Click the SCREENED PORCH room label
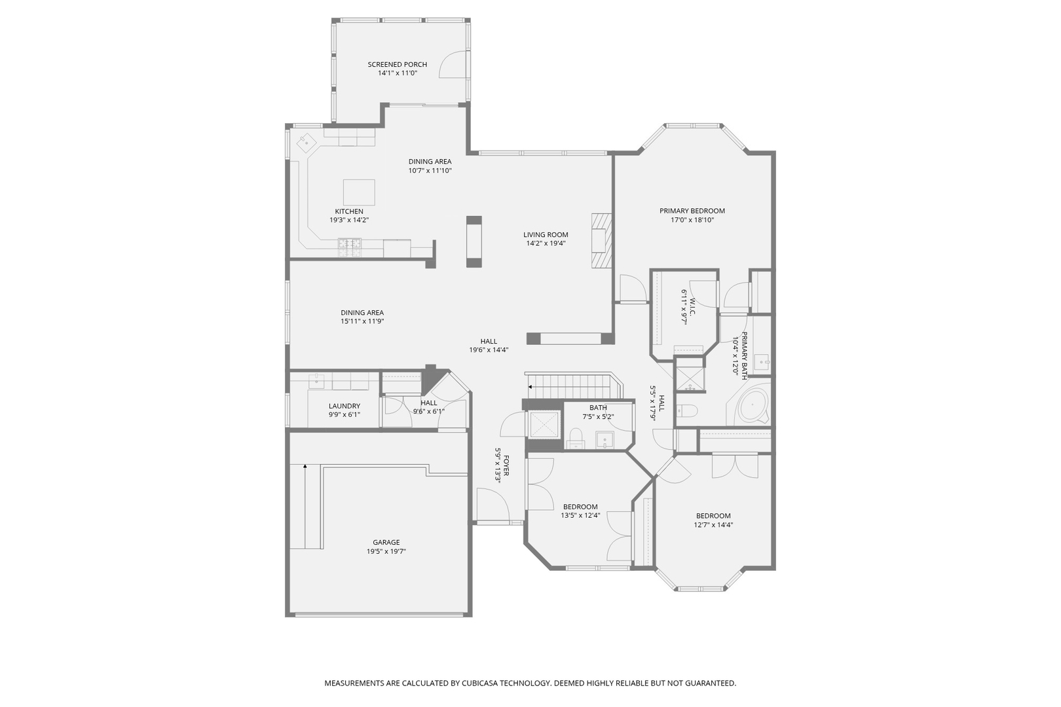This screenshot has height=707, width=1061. (x=398, y=64)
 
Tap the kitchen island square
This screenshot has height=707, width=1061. (x=359, y=192)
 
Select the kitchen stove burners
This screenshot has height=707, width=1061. (x=350, y=244)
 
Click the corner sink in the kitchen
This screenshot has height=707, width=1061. (x=306, y=143)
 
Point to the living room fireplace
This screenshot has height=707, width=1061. (x=601, y=240)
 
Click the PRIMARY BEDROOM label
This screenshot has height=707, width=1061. (x=692, y=211)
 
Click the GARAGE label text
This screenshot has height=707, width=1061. (x=386, y=542)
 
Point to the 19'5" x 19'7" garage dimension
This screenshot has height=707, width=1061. (x=386, y=551)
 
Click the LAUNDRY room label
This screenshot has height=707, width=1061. (x=344, y=406)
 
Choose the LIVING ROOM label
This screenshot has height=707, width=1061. (x=546, y=234)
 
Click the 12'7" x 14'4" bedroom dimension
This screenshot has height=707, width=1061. (x=713, y=525)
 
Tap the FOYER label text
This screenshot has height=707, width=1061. (x=506, y=466)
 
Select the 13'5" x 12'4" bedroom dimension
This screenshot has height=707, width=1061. (x=580, y=516)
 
